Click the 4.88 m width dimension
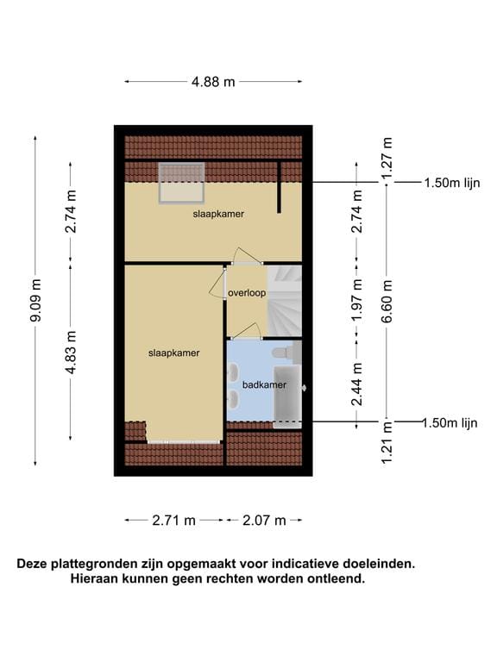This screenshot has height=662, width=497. click(x=213, y=82)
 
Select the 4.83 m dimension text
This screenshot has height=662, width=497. click(x=71, y=352)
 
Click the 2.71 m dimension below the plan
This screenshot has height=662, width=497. click(x=174, y=521)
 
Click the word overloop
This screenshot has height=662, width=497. click(x=246, y=293)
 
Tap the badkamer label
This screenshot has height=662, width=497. click(x=263, y=385)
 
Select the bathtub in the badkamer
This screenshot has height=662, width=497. click(x=288, y=395)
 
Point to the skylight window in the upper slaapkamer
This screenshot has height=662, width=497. click(x=181, y=183)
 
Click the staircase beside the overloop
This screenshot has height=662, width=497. click(x=285, y=300)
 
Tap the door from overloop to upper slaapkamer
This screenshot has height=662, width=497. click(x=245, y=256)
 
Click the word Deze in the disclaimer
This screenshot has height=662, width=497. click(x=34, y=564)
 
